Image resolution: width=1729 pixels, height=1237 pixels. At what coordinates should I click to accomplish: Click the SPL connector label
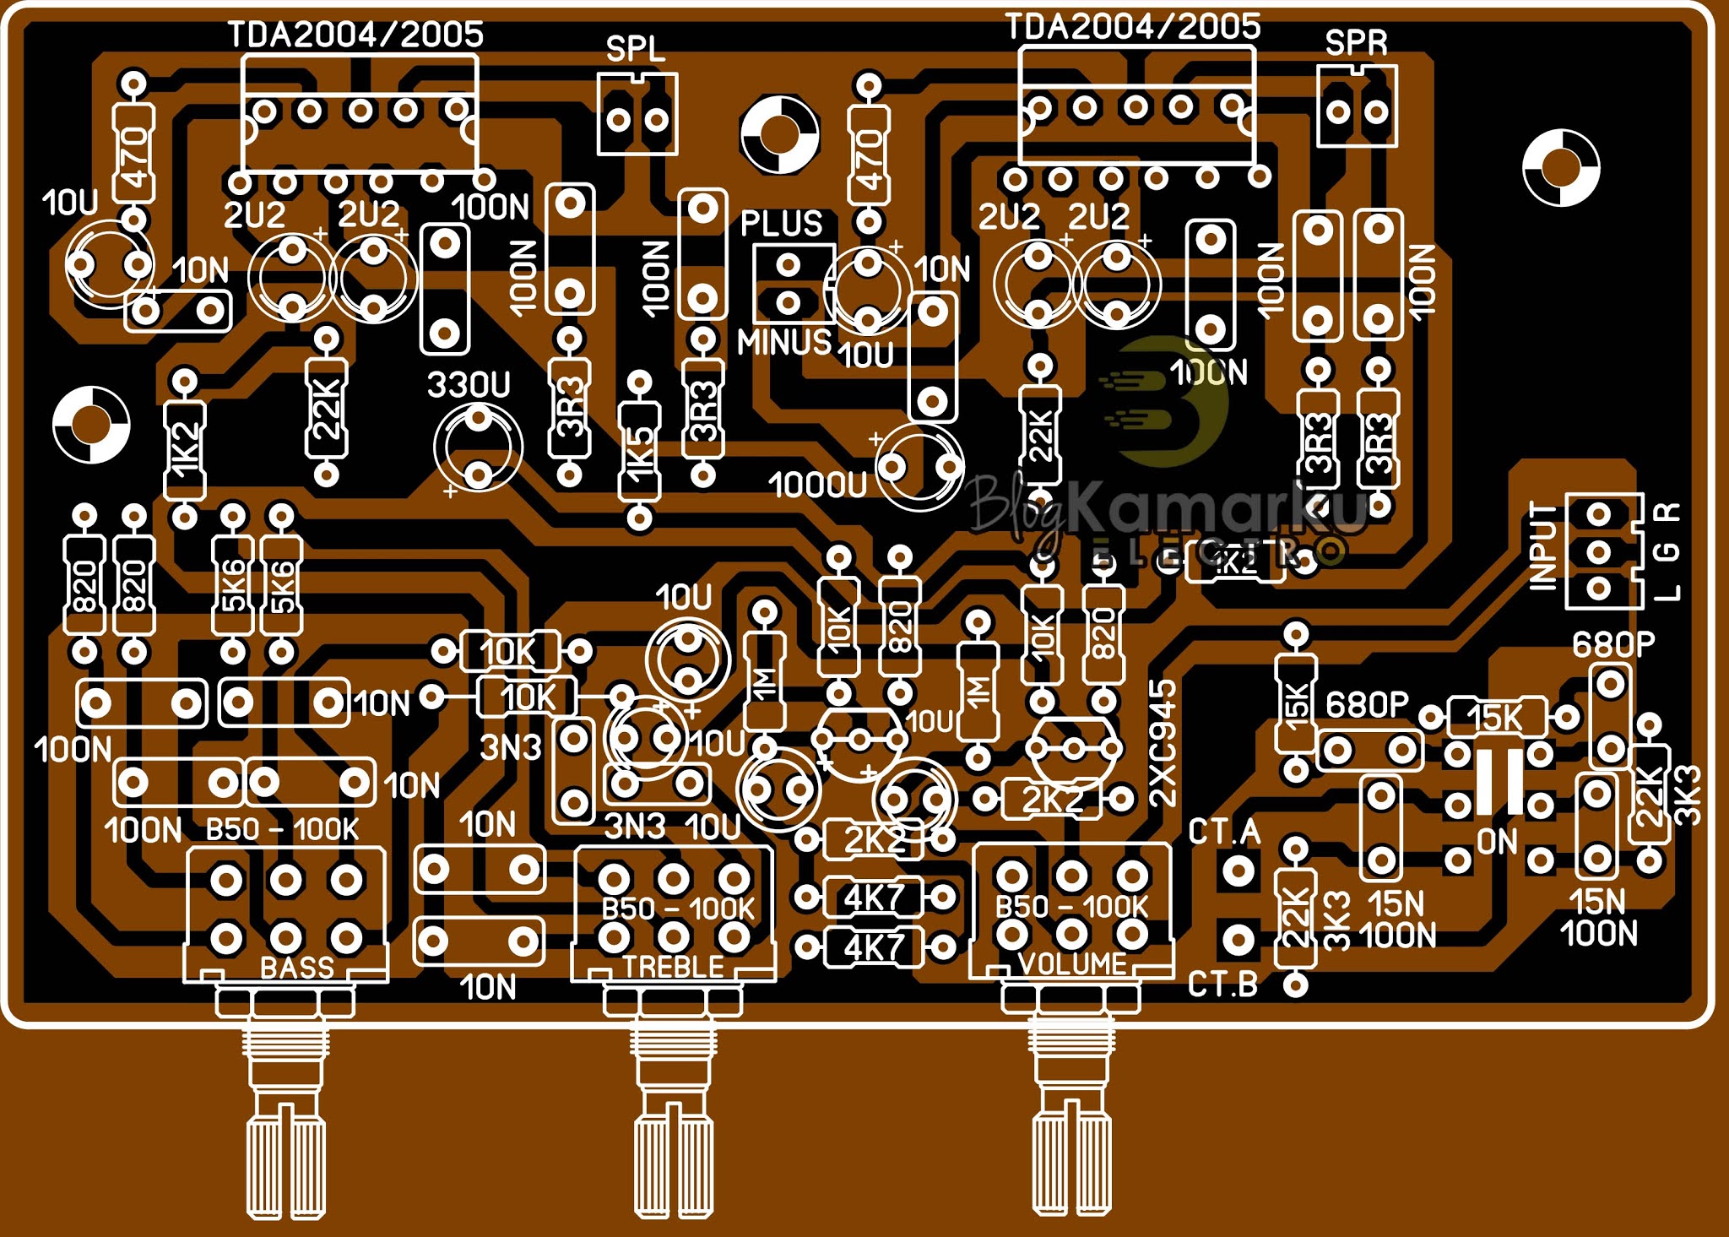[635, 49]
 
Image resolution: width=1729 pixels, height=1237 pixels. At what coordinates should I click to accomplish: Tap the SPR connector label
[1356, 42]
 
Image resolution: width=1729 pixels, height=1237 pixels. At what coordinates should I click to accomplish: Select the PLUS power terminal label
[781, 224]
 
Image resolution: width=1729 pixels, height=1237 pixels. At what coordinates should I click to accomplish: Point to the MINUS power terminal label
[784, 342]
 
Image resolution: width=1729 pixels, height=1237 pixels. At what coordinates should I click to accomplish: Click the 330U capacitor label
[469, 385]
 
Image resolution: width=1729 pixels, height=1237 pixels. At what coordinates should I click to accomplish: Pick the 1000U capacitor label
[817, 485]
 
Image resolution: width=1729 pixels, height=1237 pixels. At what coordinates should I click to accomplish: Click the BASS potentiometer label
[296, 967]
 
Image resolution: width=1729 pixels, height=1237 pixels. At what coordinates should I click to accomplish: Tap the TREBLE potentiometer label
[673, 967]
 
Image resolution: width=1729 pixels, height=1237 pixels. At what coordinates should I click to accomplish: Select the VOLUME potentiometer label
[1072, 963]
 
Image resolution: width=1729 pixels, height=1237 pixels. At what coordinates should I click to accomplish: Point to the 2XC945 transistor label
[1163, 743]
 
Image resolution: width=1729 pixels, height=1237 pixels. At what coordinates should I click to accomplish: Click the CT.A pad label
[1223, 833]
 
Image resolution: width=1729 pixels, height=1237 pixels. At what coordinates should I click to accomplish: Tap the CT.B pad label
[1222, 985]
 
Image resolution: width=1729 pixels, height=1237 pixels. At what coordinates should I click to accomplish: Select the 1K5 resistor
[640, 450]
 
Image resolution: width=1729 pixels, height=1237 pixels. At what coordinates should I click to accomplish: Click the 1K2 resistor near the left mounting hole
[184, 448]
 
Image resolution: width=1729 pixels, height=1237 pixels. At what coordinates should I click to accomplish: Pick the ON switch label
[1497, 841]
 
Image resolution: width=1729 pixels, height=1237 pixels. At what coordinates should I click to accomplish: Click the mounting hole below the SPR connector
[1561, 167]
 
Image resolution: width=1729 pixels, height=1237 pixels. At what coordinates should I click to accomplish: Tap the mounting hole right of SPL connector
[779, 134]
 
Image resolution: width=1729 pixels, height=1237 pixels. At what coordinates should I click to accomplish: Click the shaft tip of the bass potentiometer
[286, 1169]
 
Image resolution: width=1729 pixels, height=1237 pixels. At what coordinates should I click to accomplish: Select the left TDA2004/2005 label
[355, 35]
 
